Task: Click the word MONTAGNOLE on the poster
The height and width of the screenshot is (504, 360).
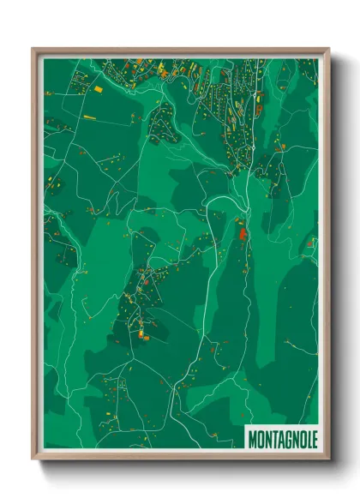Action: click(283, 438)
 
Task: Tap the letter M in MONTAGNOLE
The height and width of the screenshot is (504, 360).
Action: click(252, 438)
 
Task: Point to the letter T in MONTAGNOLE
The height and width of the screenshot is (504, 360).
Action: click(273, 438)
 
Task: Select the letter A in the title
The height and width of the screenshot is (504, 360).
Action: click(280, 438)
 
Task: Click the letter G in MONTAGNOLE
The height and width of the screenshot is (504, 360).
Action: click(288, 438)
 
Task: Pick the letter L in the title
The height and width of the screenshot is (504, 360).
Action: click(309, 438)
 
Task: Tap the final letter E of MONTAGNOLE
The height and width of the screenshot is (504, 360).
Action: click(315, 438)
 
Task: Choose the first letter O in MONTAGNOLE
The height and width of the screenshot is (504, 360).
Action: click(260, 438)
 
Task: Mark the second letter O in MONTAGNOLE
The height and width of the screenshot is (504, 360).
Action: click(303, 438)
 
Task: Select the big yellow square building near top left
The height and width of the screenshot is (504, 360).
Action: click(97, 87)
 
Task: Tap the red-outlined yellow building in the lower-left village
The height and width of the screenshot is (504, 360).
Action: click(143, 326)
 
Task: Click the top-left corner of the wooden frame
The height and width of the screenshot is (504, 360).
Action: click(33, 49)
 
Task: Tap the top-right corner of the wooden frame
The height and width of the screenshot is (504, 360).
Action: click(327, 49)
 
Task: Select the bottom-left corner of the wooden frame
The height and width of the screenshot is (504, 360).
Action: click(33, 459)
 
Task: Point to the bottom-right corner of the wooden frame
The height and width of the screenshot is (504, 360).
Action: click(327, 459)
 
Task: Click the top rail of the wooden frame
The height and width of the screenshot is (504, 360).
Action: click(180, 50)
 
